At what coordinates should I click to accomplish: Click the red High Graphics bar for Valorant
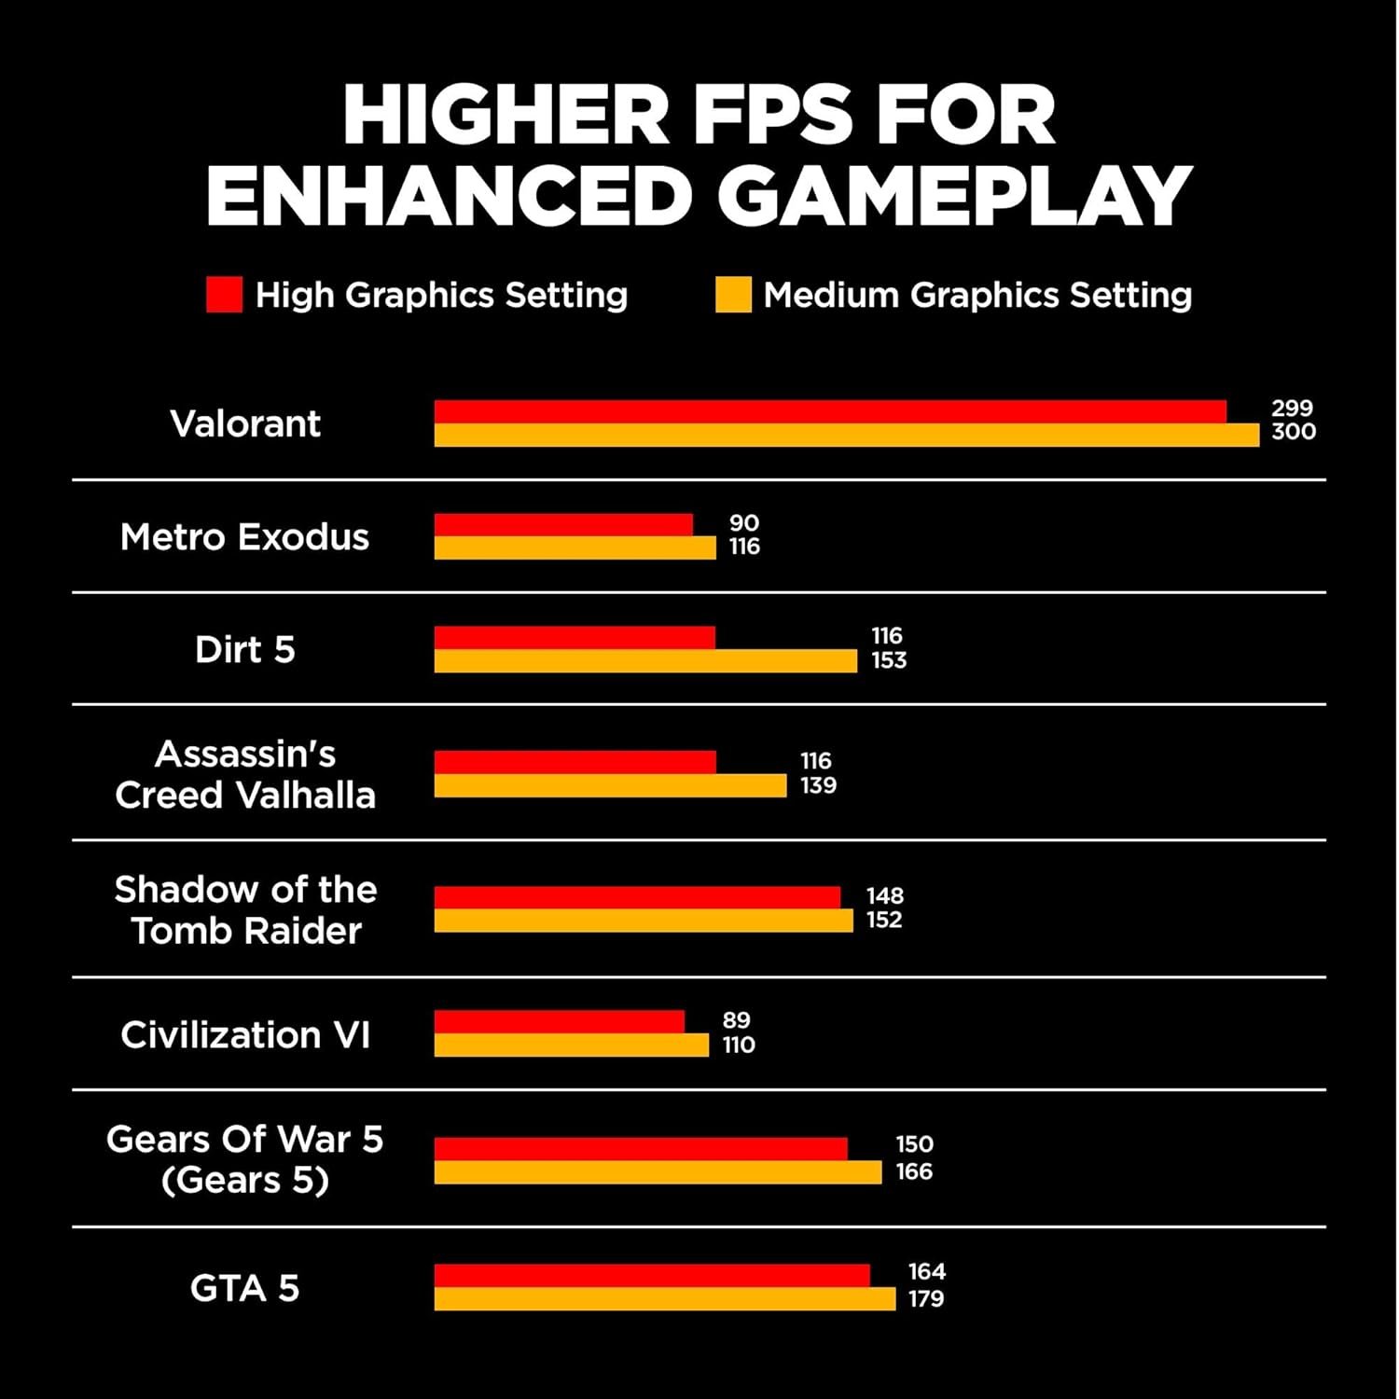(x=830, y=412)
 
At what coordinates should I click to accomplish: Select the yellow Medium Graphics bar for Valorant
(x=846, y=436)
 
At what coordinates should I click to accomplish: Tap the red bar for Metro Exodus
(x=563, y=525)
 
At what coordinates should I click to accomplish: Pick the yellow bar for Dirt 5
(x=645, y=661)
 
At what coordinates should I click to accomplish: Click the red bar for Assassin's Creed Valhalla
(x=575, y=762)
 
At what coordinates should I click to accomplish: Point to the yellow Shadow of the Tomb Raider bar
(x=644, y=921)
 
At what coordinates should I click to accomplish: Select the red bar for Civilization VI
(x=560, y=1022)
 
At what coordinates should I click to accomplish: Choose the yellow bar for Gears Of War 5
(x=658, y=1172)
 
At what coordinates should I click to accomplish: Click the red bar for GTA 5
(x=652, y=1276)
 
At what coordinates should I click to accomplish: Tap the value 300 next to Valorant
(x=1294, y=432)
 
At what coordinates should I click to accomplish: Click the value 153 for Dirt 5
(x=889, y=660)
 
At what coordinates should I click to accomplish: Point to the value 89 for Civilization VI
(x=736, y=1020)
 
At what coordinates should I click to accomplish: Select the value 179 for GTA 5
(x=926, y=1298)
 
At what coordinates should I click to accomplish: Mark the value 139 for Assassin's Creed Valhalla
(x=818, y=785)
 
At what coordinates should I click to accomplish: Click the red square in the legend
(x=224, y=295)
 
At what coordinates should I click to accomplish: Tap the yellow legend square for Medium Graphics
(x=733, y=295)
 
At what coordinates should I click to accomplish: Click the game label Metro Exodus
(x=245, y=537)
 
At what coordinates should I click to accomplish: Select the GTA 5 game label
(x=245, y=1288)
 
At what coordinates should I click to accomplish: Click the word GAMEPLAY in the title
(x=953, y=196)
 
